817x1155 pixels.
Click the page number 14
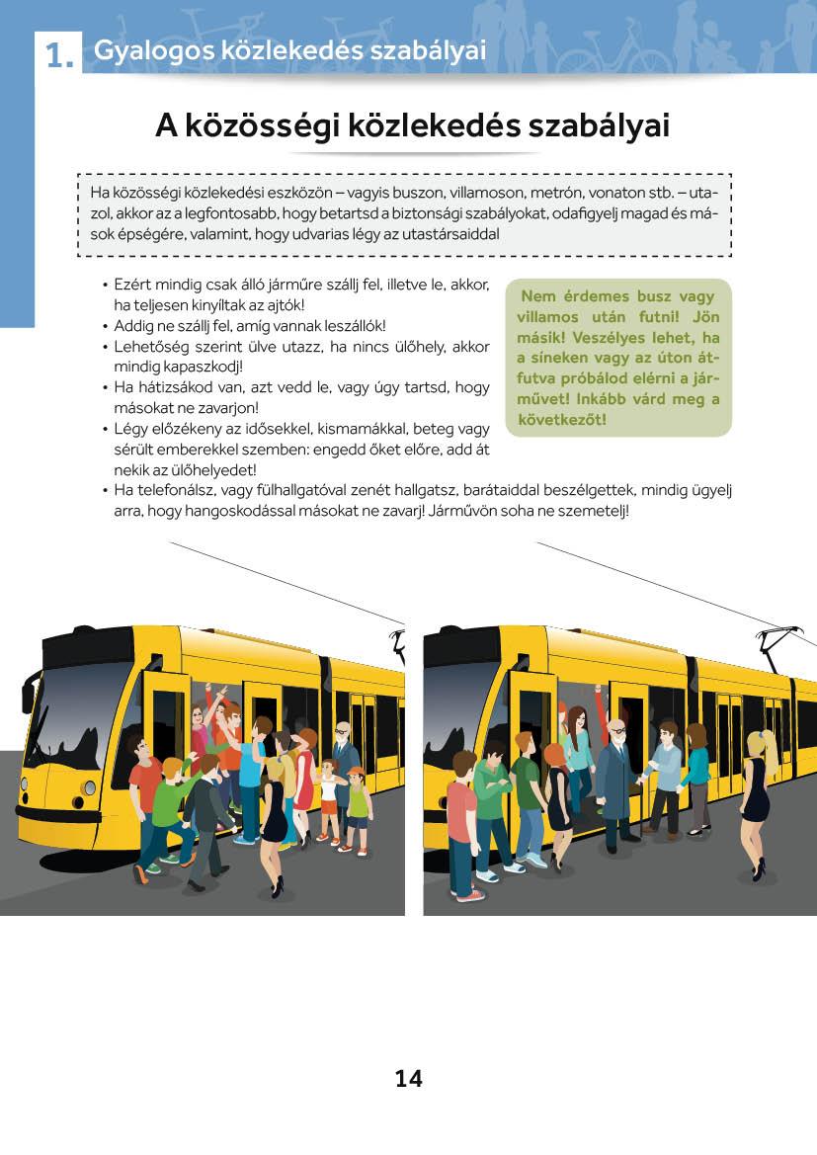pyautogui.click(x=408, y=1079)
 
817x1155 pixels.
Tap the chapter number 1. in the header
pyautogui.click(x=59, y=57)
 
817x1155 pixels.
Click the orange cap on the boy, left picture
pyautogui.click(x=357, y=772)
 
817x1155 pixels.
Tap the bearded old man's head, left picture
pyautogui.click(x=342, y=733)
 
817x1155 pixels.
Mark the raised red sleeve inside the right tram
pyautogui.click(x=598, y=706)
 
